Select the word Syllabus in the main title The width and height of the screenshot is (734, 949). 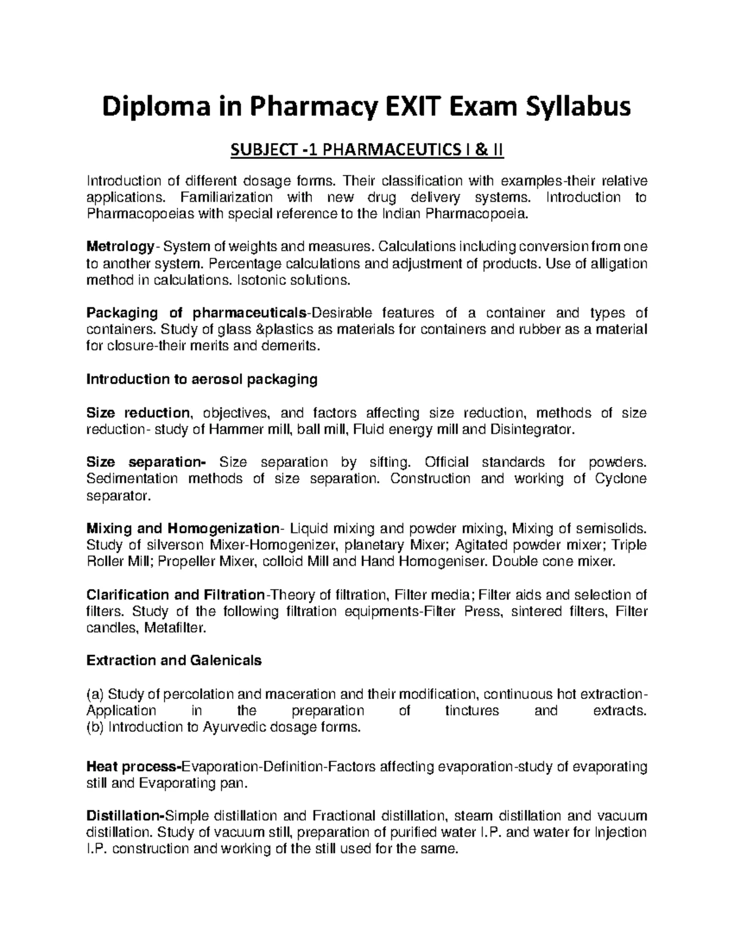579,108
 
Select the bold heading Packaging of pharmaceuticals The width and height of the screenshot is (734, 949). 196,313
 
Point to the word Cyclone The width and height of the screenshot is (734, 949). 620,478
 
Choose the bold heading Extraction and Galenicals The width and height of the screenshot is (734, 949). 174,661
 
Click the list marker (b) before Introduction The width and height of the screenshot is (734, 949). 95,727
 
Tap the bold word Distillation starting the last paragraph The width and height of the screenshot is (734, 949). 125,816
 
